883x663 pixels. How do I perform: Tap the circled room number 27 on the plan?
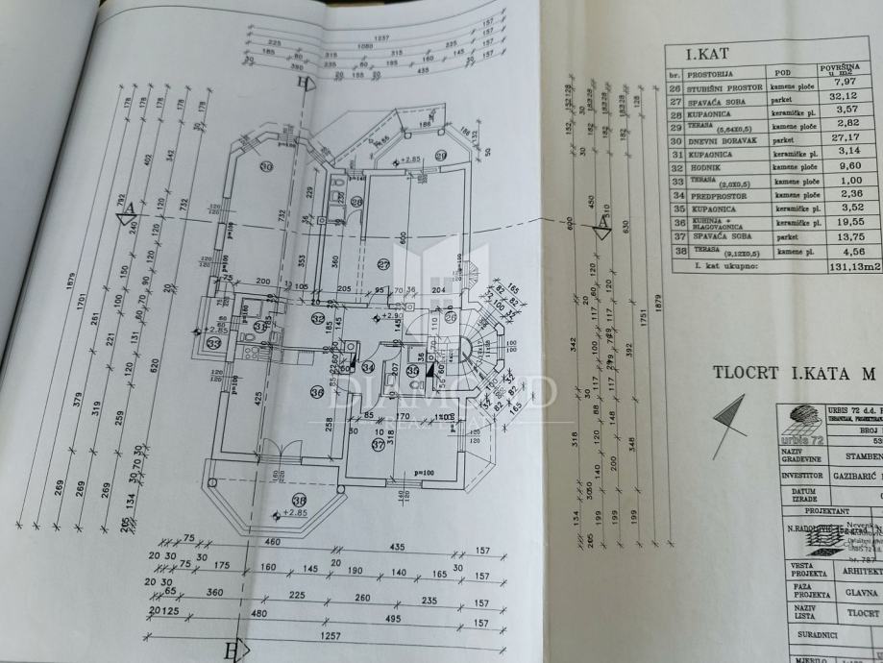384,265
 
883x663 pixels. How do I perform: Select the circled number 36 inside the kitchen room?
319,390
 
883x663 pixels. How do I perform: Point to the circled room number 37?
378,445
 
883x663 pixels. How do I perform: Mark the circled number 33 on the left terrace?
212,341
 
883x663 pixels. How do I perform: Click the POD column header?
777,72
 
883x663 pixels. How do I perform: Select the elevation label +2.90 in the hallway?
389,315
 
